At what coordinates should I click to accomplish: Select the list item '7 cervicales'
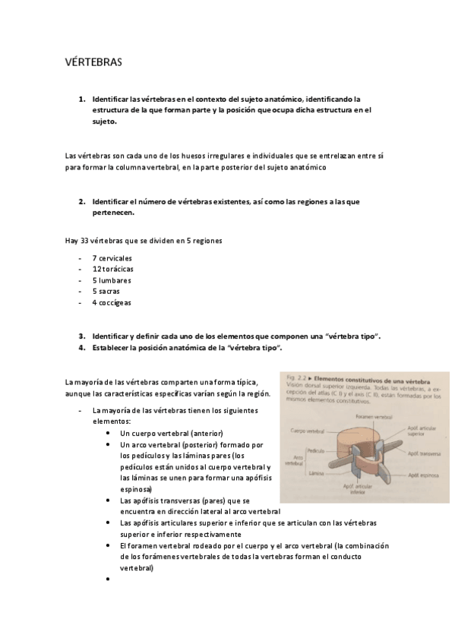pos(112,258)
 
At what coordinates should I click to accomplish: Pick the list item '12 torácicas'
pos(113,269)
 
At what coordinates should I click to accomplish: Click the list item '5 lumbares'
pos(111,280)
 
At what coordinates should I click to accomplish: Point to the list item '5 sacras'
pos(106,291)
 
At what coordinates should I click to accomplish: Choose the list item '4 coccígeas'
pos(111,302)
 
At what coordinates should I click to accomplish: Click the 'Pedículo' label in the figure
pos(318,450)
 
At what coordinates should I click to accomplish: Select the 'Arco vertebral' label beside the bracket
pos(293,461)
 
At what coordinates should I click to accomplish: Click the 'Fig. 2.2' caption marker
pos(295,377)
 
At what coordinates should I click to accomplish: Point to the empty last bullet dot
pos(111,579)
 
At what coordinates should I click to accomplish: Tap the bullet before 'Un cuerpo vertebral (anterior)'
pos(111,432)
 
